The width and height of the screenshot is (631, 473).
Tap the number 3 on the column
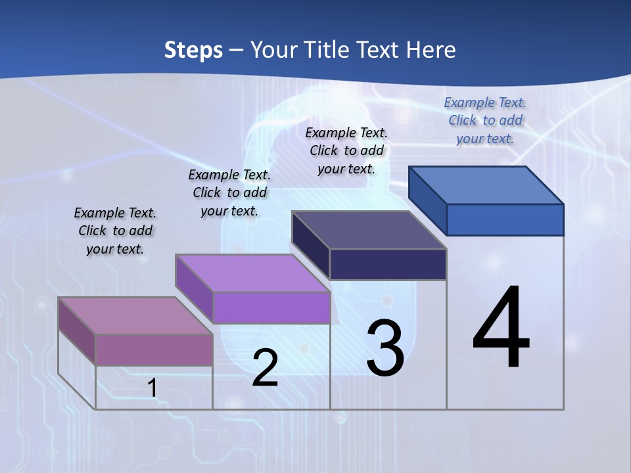pos(385,348)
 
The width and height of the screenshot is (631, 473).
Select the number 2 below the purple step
pos(265,368)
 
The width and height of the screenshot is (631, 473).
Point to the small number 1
pos(152,388)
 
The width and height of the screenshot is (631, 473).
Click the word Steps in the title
pos(193,50)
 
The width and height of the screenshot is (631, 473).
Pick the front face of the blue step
pos(505,219)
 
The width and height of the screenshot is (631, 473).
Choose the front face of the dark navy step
pos(388,264)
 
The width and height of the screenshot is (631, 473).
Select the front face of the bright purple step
pos(271,307)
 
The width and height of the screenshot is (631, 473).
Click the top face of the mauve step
pos(135,315)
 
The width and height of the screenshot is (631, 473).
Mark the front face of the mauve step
pos(154,349)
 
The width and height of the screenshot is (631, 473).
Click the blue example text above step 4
pos(485,120)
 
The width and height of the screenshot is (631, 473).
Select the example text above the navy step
pos(346,150)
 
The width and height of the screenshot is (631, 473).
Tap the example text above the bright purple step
pos(229,192)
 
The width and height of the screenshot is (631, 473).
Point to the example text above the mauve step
pos(115,231)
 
